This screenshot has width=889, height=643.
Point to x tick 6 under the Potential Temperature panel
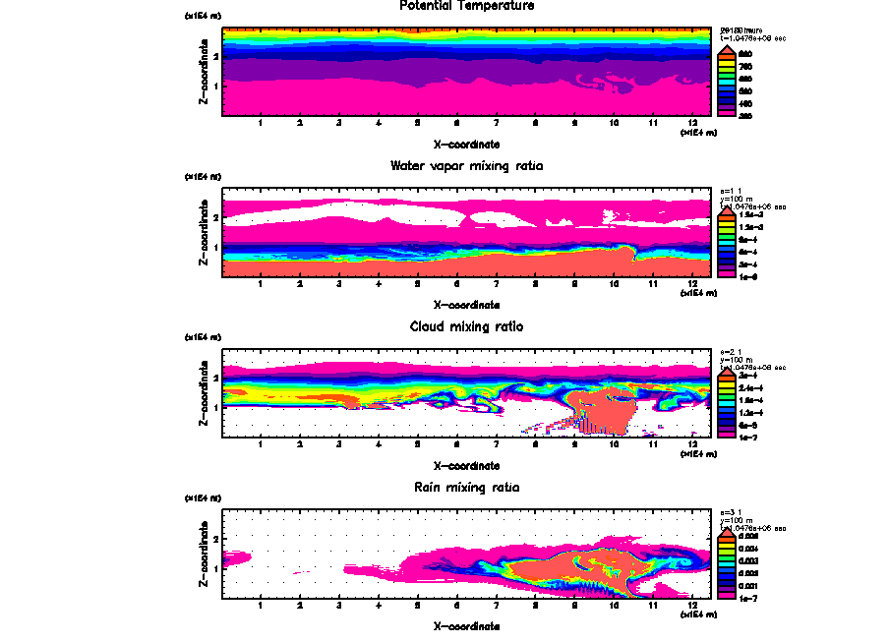coord(456,124)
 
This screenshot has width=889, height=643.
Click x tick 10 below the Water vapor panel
coord(614,285)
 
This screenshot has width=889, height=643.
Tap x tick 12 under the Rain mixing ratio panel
coord(693,606)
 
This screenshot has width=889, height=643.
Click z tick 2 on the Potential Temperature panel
coord(215,57)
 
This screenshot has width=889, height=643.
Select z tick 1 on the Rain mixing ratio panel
coord(215,568)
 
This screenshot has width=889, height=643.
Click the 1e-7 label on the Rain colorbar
coord(745,598)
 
